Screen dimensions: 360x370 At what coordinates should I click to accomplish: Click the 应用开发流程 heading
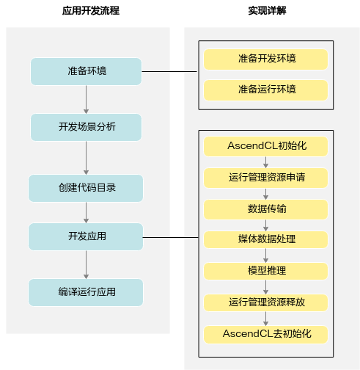click(91, 11)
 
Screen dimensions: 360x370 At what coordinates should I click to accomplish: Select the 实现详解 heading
click(267, 11)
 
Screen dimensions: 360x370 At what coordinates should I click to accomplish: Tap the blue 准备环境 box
click(86, 71)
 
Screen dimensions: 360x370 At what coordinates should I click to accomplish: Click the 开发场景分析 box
click(86, 127)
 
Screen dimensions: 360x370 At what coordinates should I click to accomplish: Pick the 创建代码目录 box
click(86, 188)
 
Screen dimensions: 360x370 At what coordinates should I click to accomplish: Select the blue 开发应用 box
click(86, 236)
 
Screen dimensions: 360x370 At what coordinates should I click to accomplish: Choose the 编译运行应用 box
click(86, 292)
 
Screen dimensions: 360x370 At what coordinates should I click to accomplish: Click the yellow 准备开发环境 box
click(265, 59)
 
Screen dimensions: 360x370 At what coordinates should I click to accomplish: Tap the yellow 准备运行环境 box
click(265, 90)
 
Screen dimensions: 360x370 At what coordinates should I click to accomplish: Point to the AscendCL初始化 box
click(265, 146)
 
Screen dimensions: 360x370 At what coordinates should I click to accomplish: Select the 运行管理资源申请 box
click(265, 178)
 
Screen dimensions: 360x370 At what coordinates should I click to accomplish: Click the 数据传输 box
click(265, 209)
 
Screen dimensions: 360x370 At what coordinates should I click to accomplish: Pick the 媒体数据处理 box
click(265, 240)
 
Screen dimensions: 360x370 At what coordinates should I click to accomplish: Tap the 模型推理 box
click(265, 271)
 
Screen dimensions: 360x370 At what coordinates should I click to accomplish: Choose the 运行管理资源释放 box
click(265, 302)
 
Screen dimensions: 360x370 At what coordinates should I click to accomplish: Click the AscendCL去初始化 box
click(265, 335)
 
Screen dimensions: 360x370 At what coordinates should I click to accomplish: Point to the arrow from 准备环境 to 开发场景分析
click(86, 99)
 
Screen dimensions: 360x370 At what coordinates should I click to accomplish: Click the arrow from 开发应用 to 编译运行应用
click(86, 264)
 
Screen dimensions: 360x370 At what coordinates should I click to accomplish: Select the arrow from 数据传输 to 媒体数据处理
click(266, 225)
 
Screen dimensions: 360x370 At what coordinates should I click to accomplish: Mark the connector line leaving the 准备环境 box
click(169, 71)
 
